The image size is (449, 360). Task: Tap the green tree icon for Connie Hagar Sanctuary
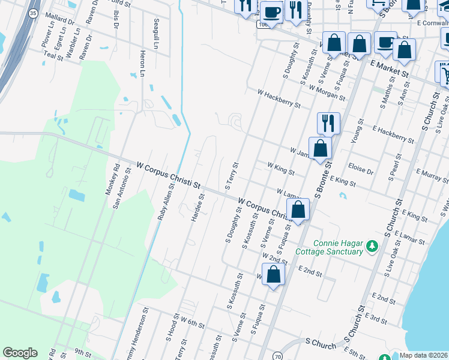(x=372, y=246)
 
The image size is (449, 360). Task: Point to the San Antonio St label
(x=122, y=188)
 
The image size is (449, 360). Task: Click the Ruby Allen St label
(x=166, y=202)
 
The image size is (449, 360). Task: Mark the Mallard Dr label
(x=63, y=20)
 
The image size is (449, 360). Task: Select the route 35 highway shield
(x=33, y=13)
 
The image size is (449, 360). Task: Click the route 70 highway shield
(x=277, y=356)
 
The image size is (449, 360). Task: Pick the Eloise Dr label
(x=361, y=168)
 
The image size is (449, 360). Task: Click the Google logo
(x=20, y=353)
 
